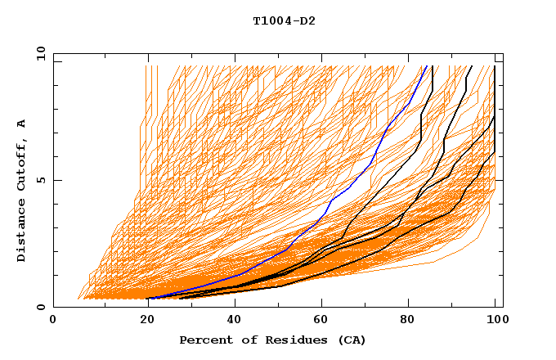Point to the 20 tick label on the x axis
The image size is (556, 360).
(141, 321)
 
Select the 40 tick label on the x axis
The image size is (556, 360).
(231, 321)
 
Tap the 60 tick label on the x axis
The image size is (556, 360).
(319, 321)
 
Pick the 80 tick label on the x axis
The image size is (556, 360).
(407, 321)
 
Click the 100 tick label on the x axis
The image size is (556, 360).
(495, 321)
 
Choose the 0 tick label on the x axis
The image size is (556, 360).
(53, 321)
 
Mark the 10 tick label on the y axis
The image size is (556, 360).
(40, 53)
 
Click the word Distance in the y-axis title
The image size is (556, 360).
(21, 228)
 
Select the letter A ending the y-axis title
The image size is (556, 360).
(21, 124)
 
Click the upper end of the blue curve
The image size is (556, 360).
(427, 66)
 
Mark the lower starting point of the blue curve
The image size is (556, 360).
(150, 298)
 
